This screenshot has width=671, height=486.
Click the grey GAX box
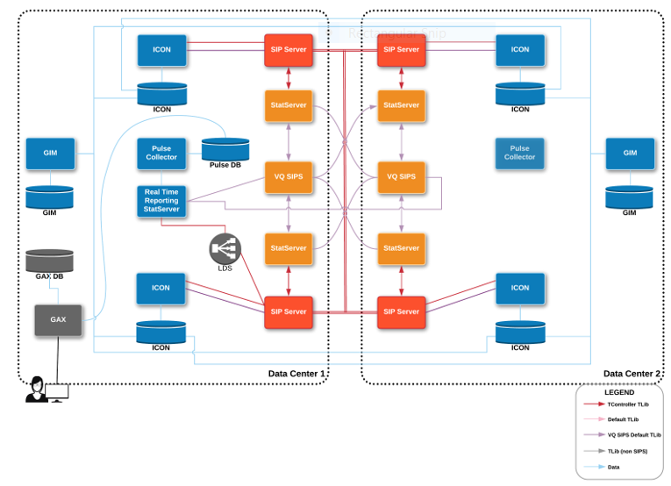point(58,320)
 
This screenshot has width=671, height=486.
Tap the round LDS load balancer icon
point(225,249)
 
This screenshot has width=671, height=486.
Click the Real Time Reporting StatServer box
point(161,201)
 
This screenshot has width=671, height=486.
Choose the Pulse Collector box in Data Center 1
point(161,153)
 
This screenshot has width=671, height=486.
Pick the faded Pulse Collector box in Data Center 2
point(519,153)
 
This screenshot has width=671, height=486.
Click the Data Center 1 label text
point(296,374)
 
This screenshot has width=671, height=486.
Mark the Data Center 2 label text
point(632,374)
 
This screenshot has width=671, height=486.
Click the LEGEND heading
point(618,392)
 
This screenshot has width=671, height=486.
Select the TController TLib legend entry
point(628,404)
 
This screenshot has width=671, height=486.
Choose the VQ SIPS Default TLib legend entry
point(633,435)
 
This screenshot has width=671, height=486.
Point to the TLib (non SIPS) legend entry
point(627,451)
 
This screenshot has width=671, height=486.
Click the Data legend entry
point(613,467)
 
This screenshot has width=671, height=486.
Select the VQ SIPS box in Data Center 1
point(289,177)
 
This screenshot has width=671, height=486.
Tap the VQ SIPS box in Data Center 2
point(401,177)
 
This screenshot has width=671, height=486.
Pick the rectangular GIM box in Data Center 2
point(630,153)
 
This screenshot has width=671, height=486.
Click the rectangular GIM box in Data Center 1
point(50,153)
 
